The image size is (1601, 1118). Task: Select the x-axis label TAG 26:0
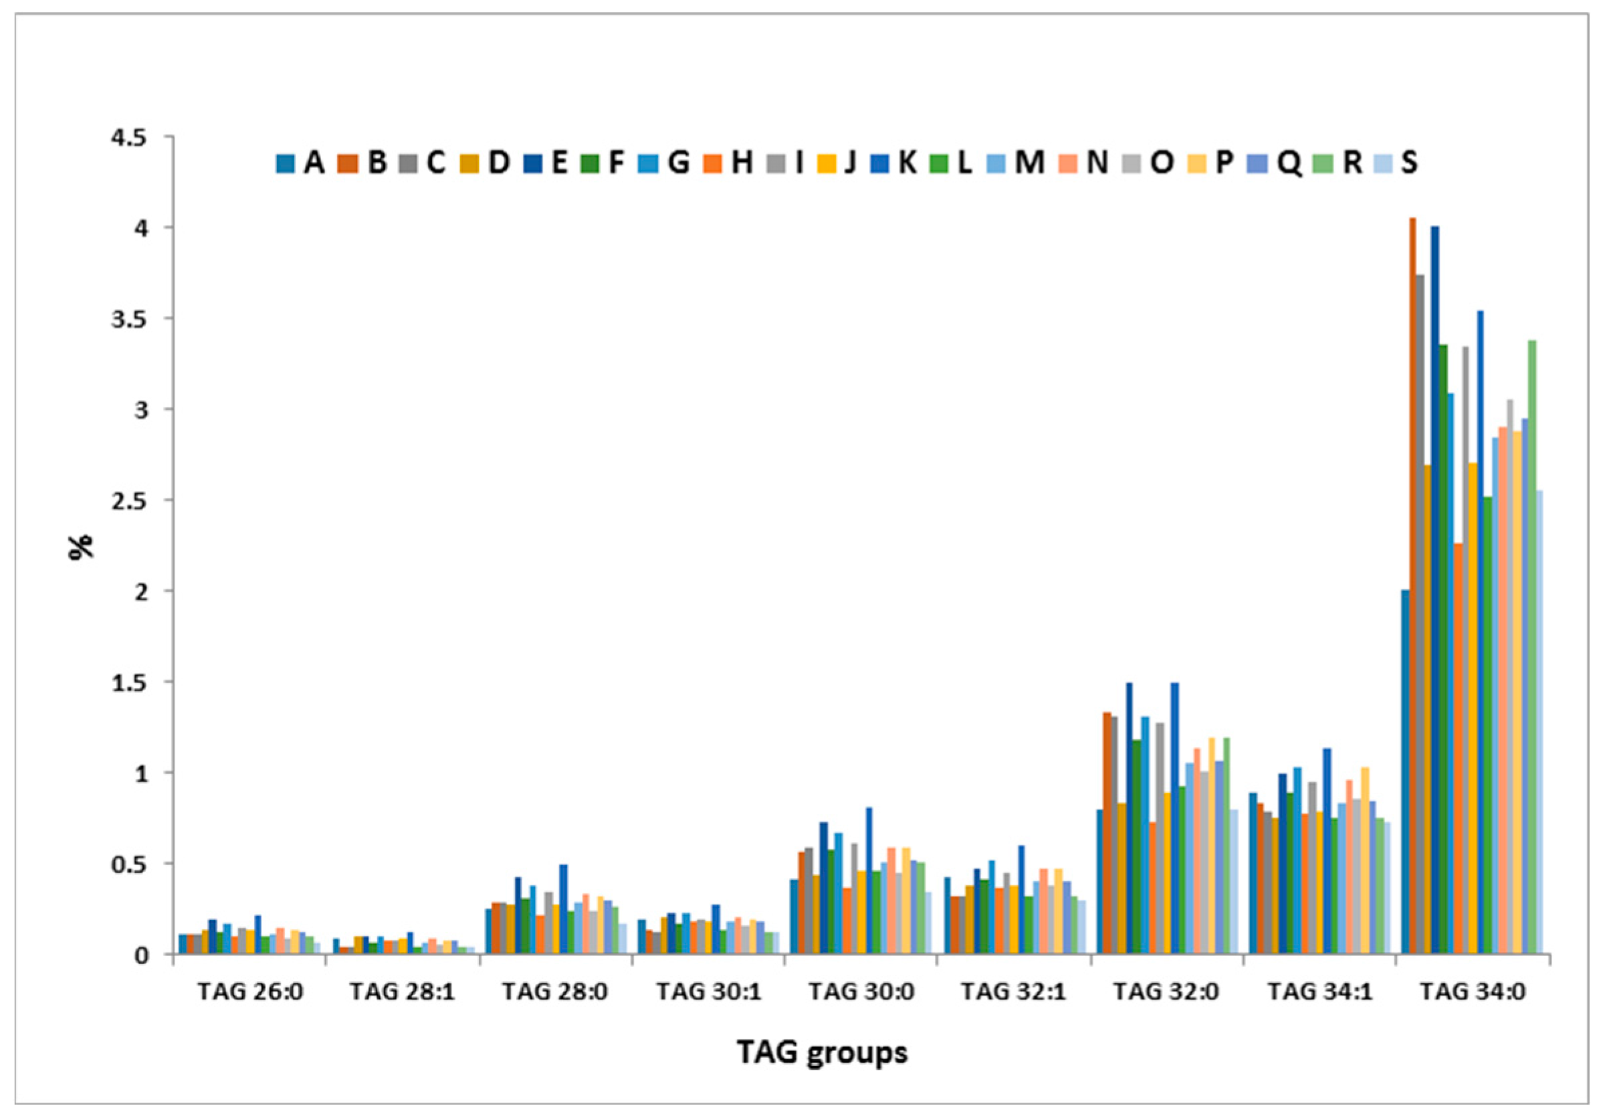click(250, 992)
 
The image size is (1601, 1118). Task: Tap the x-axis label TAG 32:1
click(1013, 992)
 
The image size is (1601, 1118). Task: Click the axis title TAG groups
click(823, 1052)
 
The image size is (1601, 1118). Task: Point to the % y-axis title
click(82, 547)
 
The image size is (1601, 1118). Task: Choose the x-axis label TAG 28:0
click(555, 992)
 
